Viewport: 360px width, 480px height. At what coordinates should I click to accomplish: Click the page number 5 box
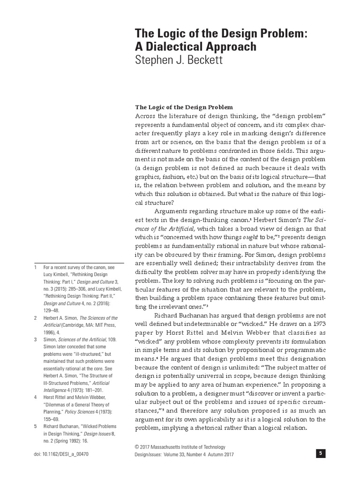pyautogui.click(x=320, y=453)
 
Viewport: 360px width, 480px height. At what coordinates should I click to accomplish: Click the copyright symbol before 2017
pyautogui.click(x=138, y=447)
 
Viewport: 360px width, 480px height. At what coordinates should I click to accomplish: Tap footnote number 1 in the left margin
pyautogui.click(x=35, y=267)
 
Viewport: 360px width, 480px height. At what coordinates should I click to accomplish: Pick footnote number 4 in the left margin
pyautogui.click(x=35, y=397)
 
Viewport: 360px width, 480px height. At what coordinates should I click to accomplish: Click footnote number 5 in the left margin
pyautogui.click(x=35, y=426)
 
